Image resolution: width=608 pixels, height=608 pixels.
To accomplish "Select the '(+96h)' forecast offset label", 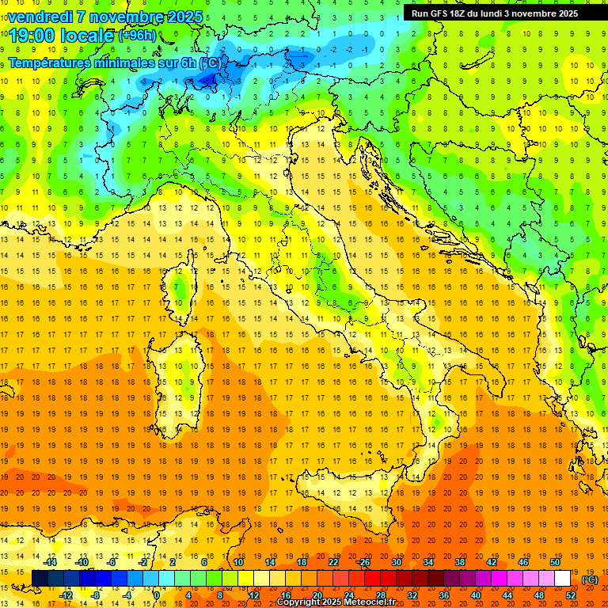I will click(137, 36).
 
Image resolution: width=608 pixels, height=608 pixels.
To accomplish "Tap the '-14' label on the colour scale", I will click(51, 562).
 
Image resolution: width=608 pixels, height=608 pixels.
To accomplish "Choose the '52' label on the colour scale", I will click(571, 595).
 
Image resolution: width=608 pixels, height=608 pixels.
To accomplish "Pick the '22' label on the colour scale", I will click(332, 562).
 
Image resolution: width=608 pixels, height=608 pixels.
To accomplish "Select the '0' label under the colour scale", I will click(157, 595).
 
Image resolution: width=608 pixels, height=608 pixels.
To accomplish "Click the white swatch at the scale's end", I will click(562, 579).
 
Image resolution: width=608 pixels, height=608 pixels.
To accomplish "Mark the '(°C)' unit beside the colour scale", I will click(590, 579).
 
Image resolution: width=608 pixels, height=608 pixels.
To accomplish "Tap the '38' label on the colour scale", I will click(459, 562).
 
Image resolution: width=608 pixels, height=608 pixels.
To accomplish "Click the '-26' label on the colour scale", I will click(363, 562).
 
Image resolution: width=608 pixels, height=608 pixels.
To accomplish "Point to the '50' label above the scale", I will click(555, 562).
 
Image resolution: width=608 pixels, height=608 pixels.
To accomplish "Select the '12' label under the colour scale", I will click(253, 595).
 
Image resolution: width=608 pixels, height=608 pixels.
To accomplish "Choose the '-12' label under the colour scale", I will click(66, 595).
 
